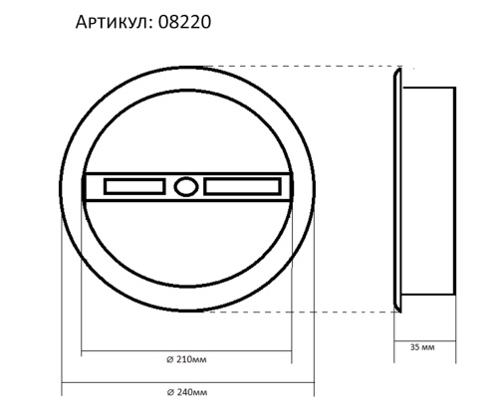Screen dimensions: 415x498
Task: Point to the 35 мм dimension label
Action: click(x=422, y=348)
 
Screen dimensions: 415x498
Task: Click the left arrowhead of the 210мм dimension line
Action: click(x=83, y=349)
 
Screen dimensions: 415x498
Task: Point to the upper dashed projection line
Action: click(x=299, y=67)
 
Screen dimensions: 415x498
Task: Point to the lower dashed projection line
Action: click(x=299, y=310)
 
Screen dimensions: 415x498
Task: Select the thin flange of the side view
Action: click(x=397, y=189)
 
